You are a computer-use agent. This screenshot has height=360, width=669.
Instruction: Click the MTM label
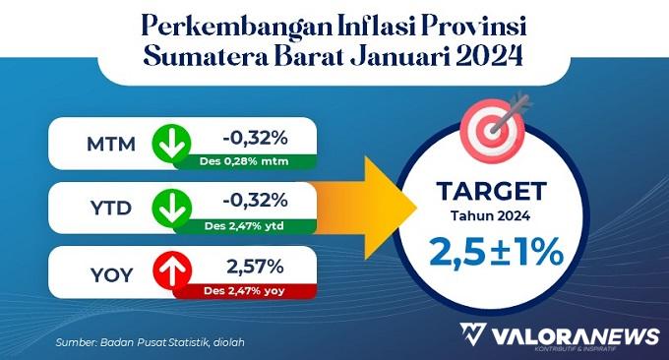[x=111, y=145]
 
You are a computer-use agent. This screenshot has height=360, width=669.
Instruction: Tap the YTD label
[x=111, y=209]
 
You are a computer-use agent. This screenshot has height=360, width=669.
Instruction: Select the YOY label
[x=112, y=275]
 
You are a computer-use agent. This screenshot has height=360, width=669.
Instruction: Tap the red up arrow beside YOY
[x=172, y=270]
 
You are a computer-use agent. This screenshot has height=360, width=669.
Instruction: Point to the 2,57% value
[x=255, y=267]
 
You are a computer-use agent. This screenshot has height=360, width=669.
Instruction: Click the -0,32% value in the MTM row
[x=255, y=138]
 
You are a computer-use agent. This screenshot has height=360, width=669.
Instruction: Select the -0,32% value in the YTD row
[x=255, y=200]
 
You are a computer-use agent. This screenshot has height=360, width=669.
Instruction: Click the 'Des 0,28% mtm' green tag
[x=244, y=161]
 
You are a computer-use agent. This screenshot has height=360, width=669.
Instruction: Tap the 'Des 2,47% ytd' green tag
[x=244, y=226]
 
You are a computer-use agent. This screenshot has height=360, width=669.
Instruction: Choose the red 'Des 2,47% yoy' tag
[x=244, y=291]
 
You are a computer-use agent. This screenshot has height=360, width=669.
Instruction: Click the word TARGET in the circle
[x=491, y=191]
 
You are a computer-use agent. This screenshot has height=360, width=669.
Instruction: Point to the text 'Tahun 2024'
[x=491, y=215]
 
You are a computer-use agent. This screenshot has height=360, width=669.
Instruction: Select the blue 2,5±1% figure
[x=496, y=252]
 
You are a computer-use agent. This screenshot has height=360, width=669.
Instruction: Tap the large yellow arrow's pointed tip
[x=416, y=208]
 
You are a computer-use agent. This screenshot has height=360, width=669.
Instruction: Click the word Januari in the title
[x=399, y=57]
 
